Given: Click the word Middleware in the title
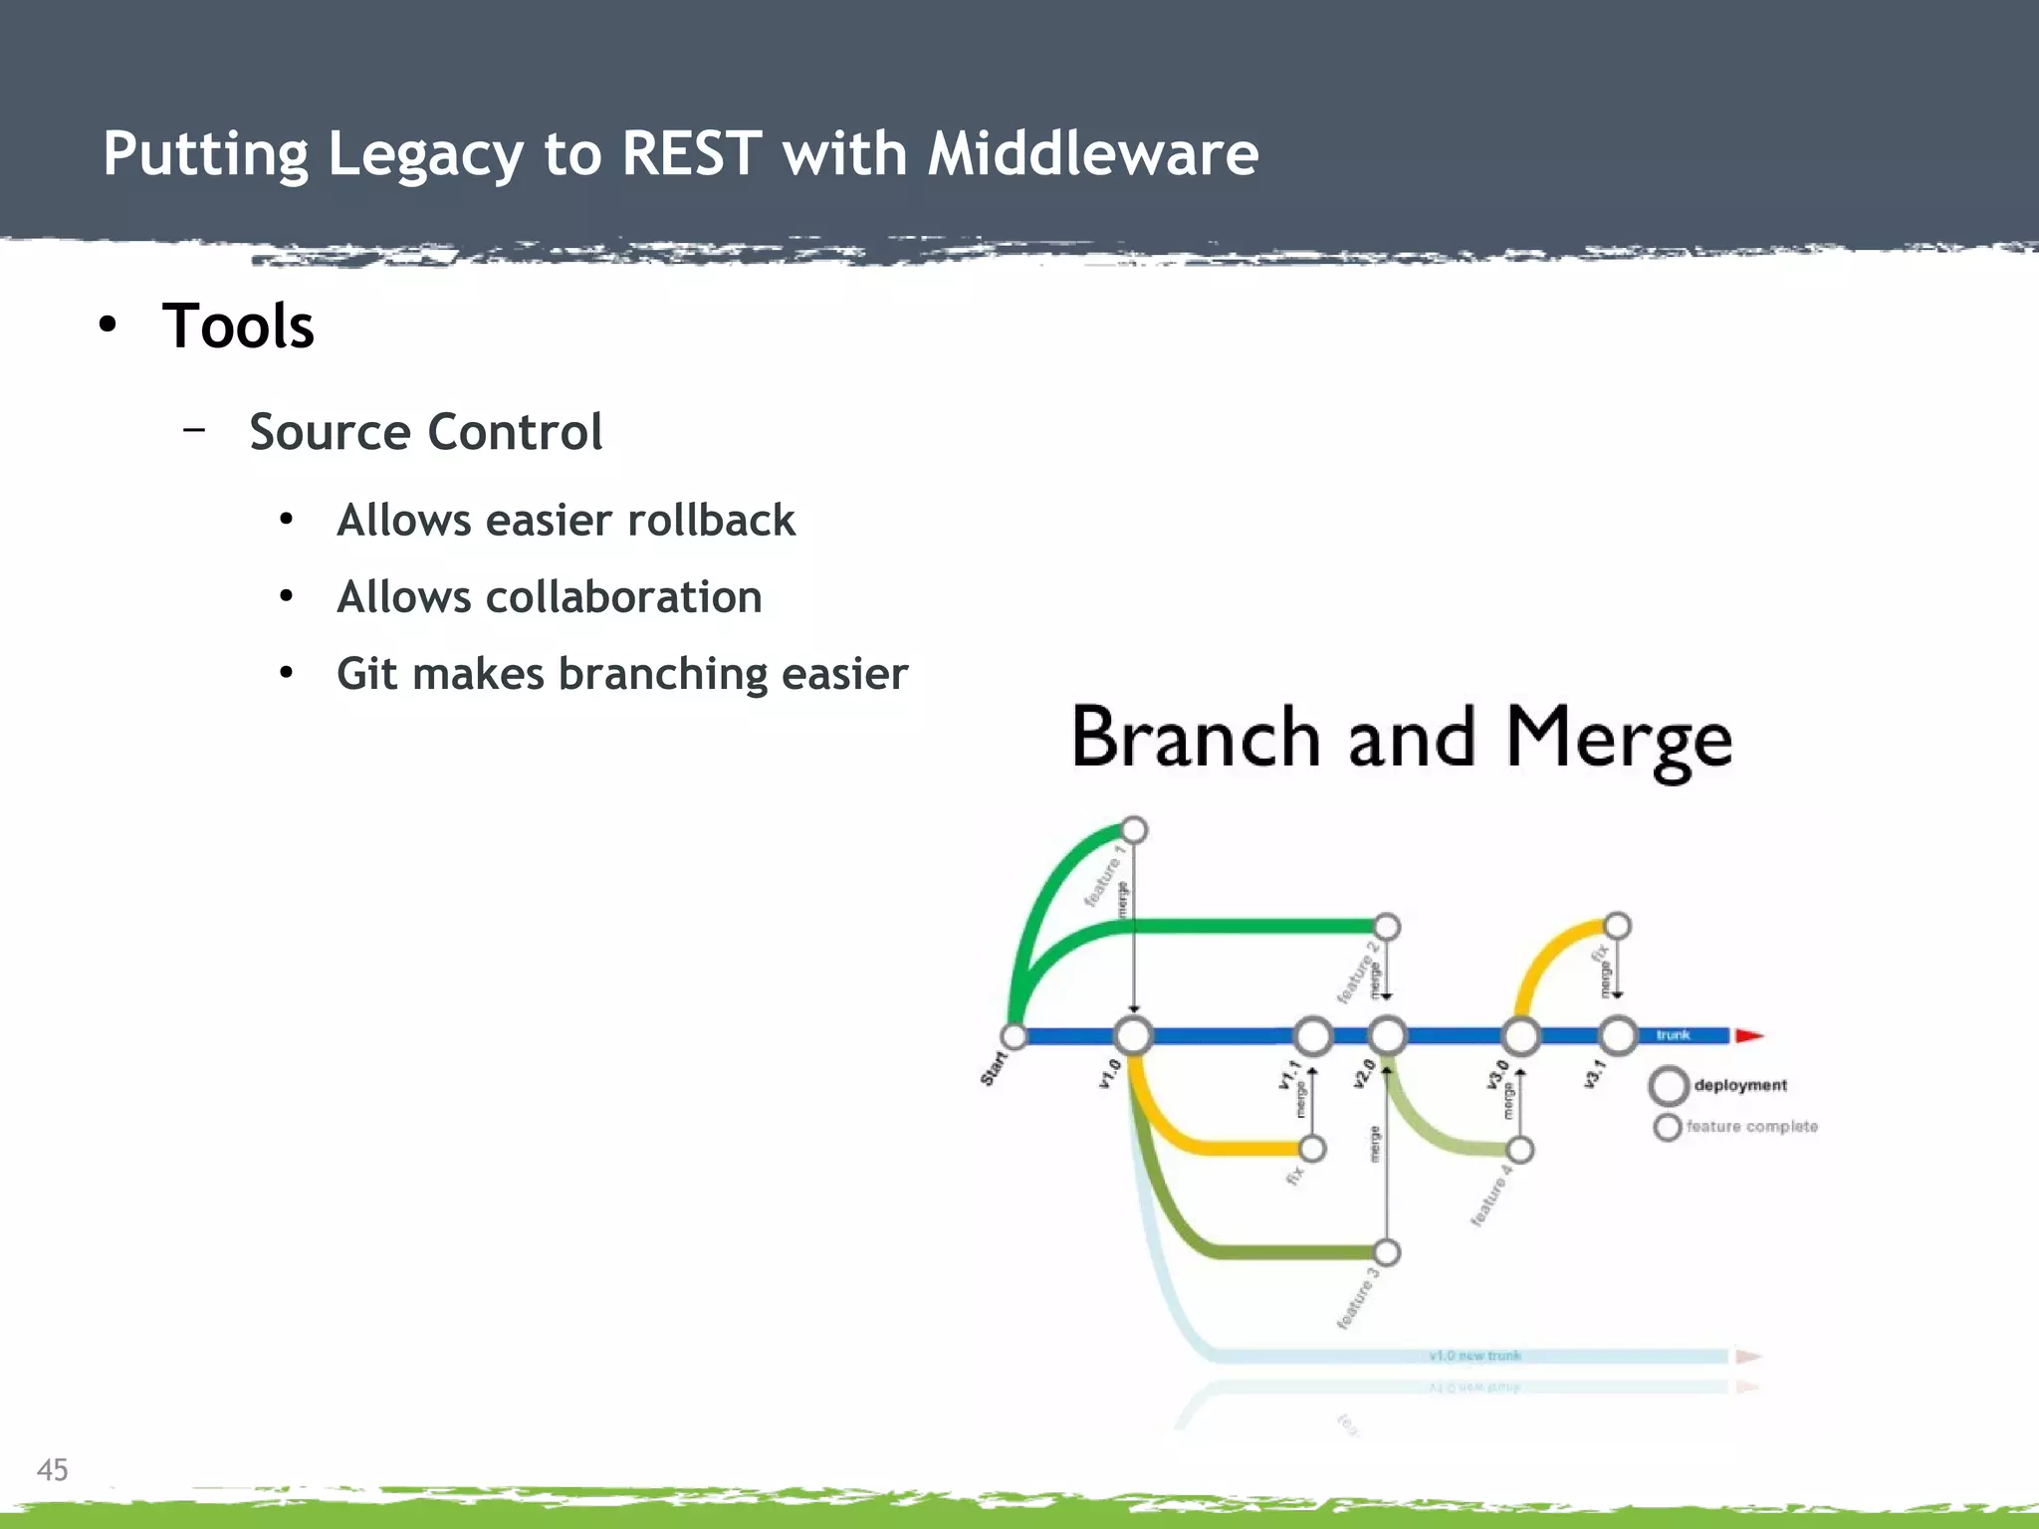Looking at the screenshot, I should (1092, 154).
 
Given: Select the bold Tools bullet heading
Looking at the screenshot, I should (238, 327).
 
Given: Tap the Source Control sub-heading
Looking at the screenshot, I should (425, 432).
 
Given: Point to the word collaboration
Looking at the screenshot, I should (623, 597).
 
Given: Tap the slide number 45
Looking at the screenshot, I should (53, 1469).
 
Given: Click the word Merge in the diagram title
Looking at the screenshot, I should (1618, 739).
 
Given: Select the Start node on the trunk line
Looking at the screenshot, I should (1014, 1036).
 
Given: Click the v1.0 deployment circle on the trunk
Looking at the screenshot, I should (1133, 1035).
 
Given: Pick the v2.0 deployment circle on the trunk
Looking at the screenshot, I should (1387, 1035).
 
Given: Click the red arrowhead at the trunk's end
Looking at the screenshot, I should (1748, 1035).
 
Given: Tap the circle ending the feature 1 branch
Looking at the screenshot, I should (1134, 829).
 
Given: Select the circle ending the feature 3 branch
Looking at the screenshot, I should (1387, 1252).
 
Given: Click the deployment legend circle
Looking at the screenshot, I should (1669, 1086).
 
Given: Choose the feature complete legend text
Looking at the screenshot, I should (1751, 1127).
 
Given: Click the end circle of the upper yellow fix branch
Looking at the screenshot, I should (1618, 926).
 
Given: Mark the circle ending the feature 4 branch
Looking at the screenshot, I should (1520, 1151).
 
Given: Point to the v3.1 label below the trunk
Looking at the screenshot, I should (1594, 1073).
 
